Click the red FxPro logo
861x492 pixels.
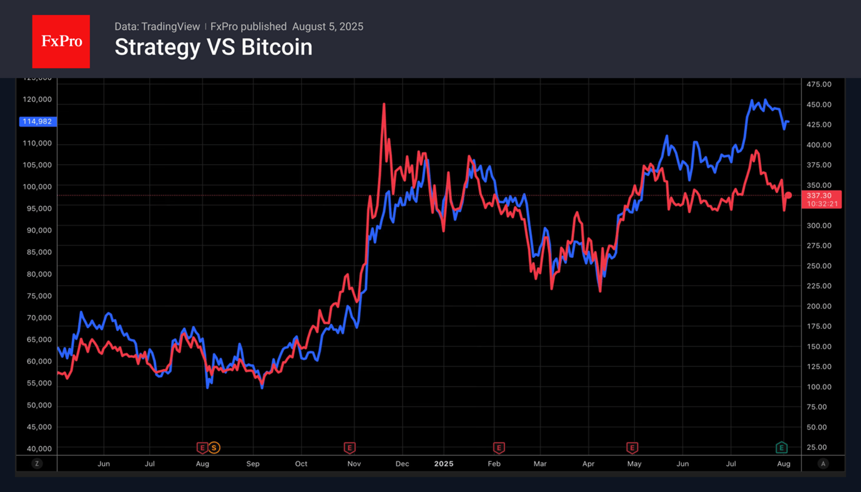61,42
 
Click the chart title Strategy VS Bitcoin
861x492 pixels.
213,47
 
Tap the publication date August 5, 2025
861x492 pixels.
327,27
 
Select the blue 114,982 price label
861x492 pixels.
37,122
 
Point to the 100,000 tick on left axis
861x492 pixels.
36,187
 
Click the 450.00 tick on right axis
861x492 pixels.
819,104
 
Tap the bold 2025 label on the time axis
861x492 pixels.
443,464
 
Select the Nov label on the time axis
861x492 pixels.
354,464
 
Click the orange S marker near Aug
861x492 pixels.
214,448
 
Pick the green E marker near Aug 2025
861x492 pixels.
781,448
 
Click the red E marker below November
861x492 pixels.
350,448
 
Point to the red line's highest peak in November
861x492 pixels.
383,105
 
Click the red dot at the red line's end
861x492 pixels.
789,195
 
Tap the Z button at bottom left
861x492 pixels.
37,464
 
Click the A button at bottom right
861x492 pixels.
823,464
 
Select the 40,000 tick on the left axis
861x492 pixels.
36,449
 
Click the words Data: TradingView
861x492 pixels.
157,27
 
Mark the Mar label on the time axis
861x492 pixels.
539,464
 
